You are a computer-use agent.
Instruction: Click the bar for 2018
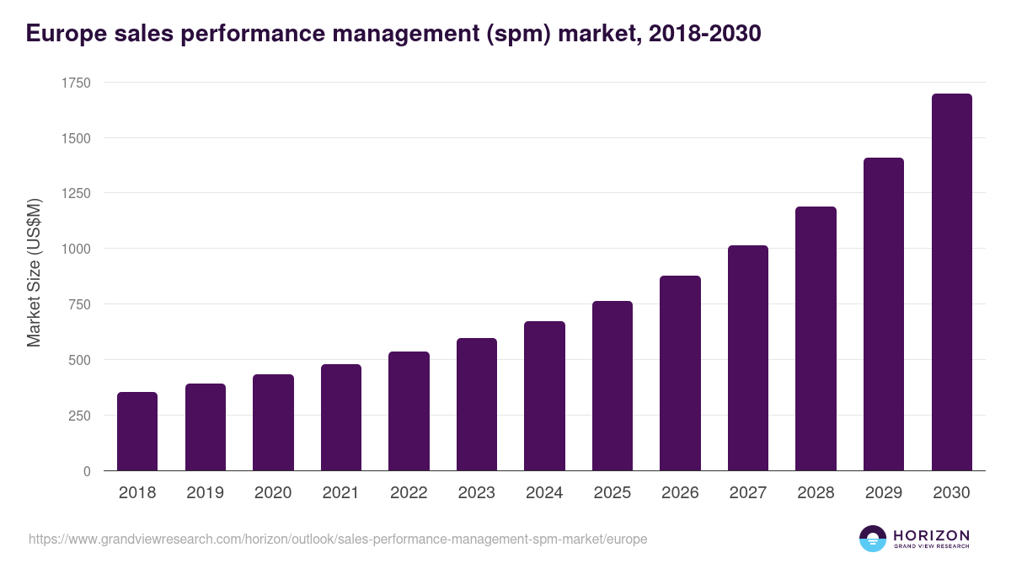click(137, 432)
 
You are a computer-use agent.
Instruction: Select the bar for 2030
click(951, 282)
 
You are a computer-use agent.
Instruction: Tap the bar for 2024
click(544, 396)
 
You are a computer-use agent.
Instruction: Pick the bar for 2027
click(748, 358)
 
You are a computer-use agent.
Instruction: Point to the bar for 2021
click(341, 417)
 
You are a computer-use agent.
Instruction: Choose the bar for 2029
click(884, 314)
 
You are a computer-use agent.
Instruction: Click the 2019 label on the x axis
click(205, 493)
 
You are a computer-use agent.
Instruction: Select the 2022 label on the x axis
click(409, 493)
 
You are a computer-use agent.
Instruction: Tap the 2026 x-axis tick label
click(680, 493)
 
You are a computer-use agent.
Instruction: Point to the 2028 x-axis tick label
click(816, 493)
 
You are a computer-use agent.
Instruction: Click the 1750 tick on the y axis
click(76, 83)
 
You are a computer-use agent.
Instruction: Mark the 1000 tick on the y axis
click(76, 249)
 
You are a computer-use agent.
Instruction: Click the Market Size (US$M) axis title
click(34, 273)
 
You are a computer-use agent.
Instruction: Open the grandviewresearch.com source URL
click(338, 539)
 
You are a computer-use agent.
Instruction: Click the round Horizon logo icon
click(873, 539)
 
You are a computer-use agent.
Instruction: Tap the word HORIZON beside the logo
click(931, 535)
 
